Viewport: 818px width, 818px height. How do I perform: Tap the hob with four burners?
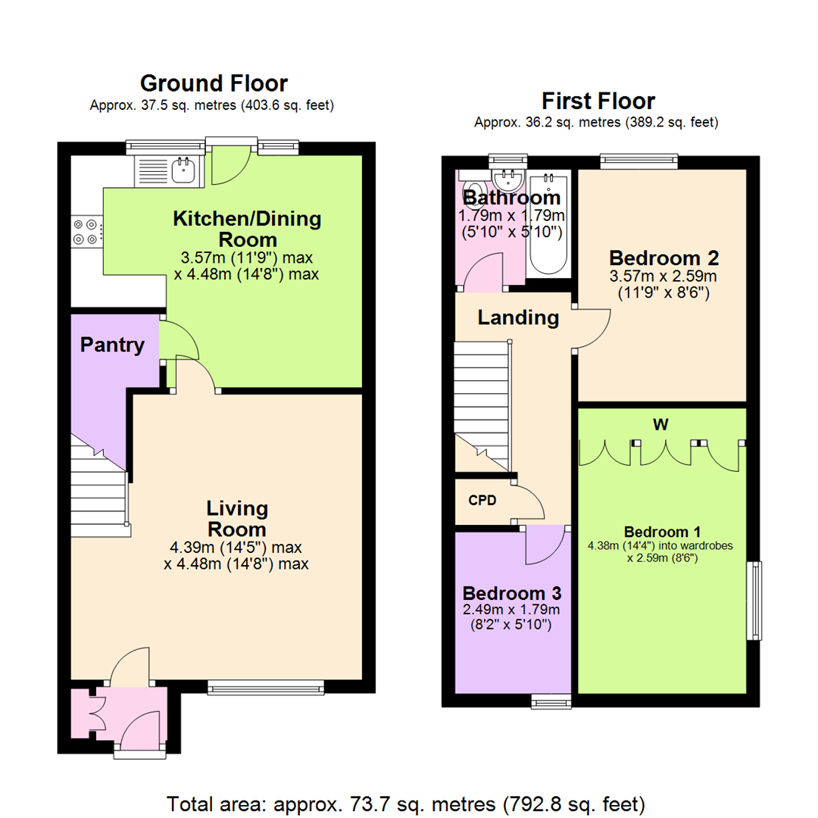coord(86,231)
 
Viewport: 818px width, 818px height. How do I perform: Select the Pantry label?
coord(112,345)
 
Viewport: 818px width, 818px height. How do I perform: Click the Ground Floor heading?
coord(214,83)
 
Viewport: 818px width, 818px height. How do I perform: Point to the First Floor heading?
coord(598,101)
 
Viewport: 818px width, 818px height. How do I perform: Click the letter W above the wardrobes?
coord(660,425)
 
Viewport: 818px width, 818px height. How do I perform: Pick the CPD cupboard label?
coord(482,500)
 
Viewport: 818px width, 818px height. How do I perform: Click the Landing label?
coord(518,318)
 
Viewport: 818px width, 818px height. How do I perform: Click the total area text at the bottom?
coord(405,801)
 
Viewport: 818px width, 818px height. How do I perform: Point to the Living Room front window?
coord(266,688)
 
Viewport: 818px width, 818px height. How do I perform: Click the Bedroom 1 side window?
coord(755,601)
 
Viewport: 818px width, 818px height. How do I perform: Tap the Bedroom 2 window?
coord(638,161)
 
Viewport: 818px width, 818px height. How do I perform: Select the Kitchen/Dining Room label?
coord(247,229)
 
